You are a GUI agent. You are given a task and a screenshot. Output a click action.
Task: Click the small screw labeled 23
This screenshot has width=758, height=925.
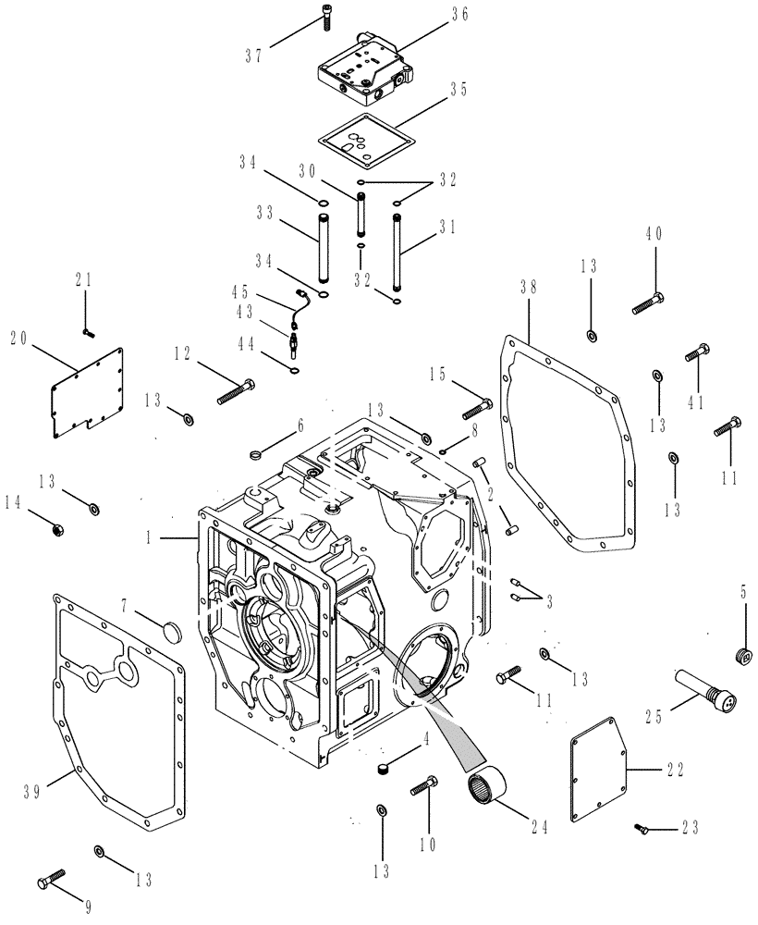click(x=644, y=831)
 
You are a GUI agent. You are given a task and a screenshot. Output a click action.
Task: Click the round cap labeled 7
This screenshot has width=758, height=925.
click(x=172, y=632)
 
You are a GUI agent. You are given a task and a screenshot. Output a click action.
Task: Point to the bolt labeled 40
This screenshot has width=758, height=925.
click(x=650, y=302)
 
